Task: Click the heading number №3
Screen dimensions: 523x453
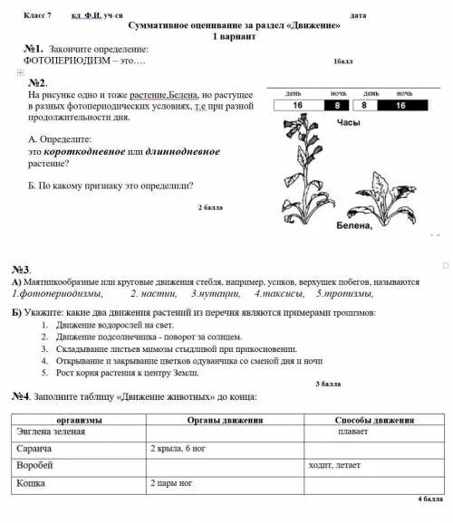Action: tap(22, 270)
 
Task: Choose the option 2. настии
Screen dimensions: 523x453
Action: tap(151, 294)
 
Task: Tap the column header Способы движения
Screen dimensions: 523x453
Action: tap(374, 421)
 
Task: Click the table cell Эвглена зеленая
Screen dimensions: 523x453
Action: tap(51, 432)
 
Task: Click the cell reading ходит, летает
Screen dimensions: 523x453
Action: tap(334, 465)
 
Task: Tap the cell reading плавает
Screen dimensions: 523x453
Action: tap(352, 432)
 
